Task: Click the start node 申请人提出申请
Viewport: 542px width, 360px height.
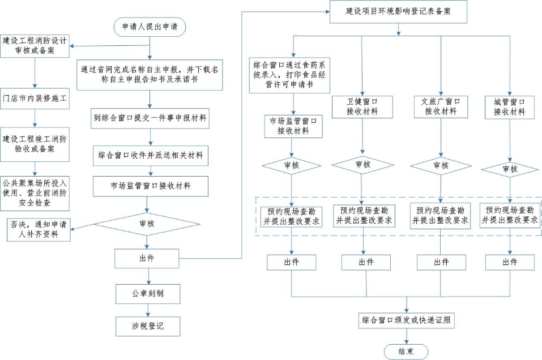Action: pyautogui.click(x=150, y=27)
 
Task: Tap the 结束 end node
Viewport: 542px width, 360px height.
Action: pyautogui.click(x=406, y=352)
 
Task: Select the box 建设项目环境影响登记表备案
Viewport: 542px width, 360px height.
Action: pyautogui.click(x=399, y=11)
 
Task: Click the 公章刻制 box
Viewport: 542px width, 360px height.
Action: pyautogui.click(x=148, y=294)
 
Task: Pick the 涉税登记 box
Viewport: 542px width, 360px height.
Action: pyautogui.click(x=148, y=326)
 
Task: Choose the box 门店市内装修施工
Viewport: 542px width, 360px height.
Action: pyautogui.click(x=35, y=97)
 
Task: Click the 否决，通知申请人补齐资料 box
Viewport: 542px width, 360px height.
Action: pyautogui.click(x=39, y=229)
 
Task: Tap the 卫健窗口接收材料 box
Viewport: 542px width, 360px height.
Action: pyautogui.click(x=362, y=106)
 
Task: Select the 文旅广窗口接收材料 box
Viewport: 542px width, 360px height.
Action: pyautogui.click(x=441, y=106)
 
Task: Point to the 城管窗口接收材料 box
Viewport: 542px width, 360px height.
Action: pyautogui.click(x=510, y=107)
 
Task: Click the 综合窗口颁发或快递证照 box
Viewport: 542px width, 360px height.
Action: pyautogui.click(x=406, y=320)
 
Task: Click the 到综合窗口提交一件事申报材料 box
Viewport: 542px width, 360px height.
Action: pyautogui.click(x=150, y=119)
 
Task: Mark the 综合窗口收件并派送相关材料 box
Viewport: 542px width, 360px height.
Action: pyautogui.click(x=150, y=155)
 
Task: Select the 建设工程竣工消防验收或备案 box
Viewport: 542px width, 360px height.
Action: pyautogui.click(x=35, y=144)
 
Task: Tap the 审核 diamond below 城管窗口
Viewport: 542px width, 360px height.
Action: pyautogui.click(x=510, y=169)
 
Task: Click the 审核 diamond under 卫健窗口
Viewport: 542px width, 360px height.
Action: pyautogui.click(x=362, y=165)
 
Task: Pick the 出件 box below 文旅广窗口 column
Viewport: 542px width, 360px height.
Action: pyautogui.click(x=441, y=262)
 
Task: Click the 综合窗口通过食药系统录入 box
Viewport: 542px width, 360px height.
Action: pyautogui.click(x=289, y=76)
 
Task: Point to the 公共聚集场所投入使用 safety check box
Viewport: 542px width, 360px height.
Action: pyautogui.click(x=35, y=192)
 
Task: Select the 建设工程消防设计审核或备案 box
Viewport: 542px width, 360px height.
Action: pyautogui.click(x=35, y=46)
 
